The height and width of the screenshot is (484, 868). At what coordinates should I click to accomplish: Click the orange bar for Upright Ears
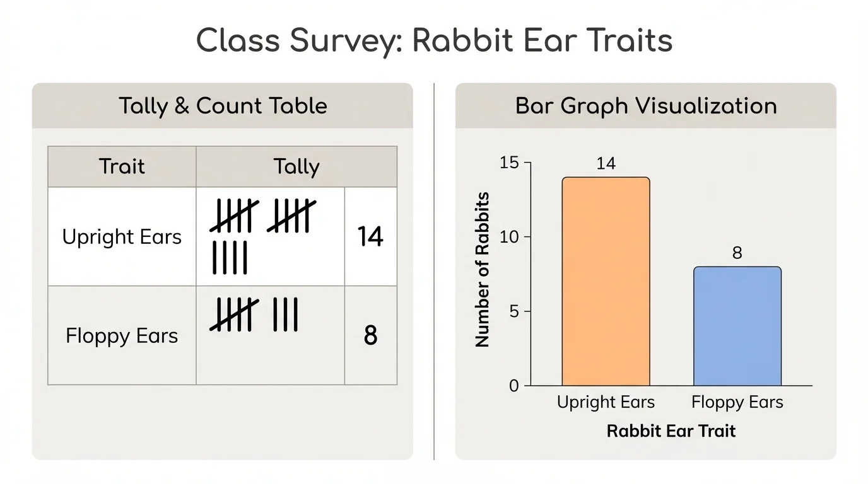point(606,281)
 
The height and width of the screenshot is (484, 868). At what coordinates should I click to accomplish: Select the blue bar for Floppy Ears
point(737,326)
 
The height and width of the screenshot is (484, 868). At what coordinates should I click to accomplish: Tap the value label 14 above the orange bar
point(606,164)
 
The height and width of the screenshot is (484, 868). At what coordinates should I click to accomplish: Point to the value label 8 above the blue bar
point(737,253)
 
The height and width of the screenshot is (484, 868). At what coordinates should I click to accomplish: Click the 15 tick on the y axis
point(509,163)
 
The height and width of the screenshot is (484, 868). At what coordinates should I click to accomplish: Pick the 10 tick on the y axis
point(509,237)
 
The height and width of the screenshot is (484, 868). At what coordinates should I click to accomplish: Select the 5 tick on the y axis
point(513,311)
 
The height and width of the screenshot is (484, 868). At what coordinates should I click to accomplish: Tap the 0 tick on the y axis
point(513,386)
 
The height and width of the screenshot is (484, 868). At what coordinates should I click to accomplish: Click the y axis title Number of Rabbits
point(483,270)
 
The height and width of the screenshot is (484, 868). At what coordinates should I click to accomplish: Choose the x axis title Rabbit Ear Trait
point(671,431)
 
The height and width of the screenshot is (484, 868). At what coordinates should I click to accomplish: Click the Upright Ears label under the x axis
point(606,402)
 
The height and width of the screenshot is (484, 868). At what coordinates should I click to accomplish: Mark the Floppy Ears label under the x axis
point(737,402)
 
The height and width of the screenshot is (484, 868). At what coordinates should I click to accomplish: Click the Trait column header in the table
point(122,166)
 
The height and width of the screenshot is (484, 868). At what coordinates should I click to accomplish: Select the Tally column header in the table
point(296,166)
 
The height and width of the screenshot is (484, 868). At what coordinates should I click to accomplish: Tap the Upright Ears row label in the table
point(122,237)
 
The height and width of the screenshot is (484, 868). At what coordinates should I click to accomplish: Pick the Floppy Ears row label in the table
point(122,335)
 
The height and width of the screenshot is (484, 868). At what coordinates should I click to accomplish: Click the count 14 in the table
point(370,237)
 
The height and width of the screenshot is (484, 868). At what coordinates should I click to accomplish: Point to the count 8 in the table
point(370,335)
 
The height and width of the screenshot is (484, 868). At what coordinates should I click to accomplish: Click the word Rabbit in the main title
point(464,42)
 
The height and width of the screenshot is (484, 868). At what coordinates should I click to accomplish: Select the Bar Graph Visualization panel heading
point(646,106)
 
